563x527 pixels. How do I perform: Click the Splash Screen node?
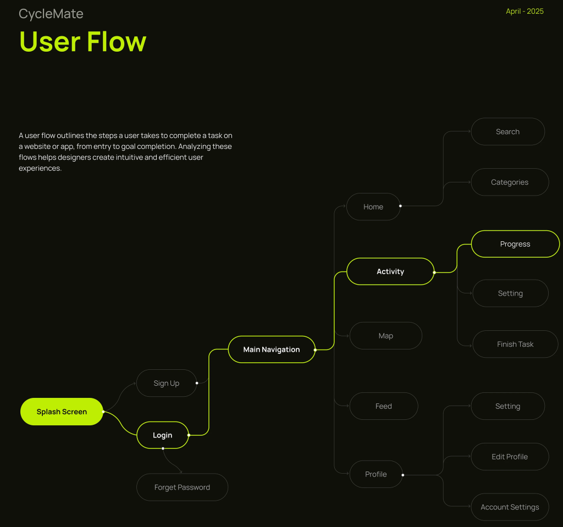point(62,412)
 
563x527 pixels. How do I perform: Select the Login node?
point(162,435)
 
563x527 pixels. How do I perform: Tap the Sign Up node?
point(166,383)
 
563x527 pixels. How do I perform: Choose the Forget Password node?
point(182,487)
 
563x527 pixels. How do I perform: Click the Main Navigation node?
point(272,350)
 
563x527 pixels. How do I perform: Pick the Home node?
point(373,207)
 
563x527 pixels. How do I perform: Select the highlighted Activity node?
point(390,271)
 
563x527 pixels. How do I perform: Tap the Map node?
point(385,336)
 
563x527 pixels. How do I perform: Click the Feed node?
point(384,406)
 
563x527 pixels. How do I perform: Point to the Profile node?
point(376,474)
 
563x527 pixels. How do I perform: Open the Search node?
point(507,131)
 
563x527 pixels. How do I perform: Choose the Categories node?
point(510,182)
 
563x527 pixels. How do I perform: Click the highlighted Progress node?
point(515,244)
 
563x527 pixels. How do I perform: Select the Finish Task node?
point(515,344)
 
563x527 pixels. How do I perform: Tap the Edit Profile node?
point(510,457)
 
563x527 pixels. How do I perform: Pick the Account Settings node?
point(510,507)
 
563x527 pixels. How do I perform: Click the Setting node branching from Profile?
point(507,406)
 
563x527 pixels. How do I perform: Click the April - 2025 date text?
point(525,12)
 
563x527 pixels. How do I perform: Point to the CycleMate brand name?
point(51,14)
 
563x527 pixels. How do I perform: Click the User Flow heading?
point(83,41)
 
